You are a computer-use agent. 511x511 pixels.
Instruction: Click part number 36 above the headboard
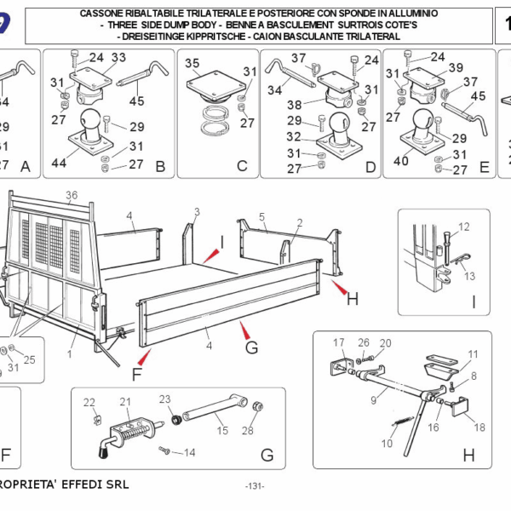point(72,195)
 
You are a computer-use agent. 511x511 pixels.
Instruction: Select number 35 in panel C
point(192,64)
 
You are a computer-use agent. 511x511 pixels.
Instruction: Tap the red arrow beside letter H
point(340,290)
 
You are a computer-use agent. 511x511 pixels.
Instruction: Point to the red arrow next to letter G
point(244,330)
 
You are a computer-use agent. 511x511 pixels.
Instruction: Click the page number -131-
point(254,485)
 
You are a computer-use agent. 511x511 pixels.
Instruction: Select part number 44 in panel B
point(59,162)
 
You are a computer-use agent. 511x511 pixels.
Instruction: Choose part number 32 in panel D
point(294,136)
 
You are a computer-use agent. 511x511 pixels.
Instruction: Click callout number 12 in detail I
point(463,227)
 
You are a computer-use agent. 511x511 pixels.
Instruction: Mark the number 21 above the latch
point(125,403)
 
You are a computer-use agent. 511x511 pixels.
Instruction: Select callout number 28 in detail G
point(248,430)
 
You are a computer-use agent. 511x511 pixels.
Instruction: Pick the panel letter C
point(242,167)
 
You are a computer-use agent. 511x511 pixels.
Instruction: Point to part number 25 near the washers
point(30,359)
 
